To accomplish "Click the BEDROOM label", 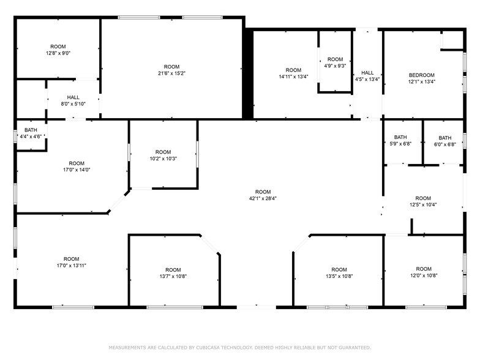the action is (x=421, y=75).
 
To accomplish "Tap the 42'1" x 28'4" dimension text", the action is (x=263, y=198).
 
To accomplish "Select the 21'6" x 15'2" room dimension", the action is (x=171, y=73).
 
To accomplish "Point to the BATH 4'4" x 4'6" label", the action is (x=31, y=133).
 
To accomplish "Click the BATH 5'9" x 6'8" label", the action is (x=400, y=140).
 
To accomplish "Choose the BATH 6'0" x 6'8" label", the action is (x=444, y=141).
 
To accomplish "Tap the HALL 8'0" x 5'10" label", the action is (x=73, y=100).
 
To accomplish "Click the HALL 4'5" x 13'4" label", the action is (x=367, y=76).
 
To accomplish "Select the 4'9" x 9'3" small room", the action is (x=336, y=62).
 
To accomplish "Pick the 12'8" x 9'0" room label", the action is (x=58, y=50).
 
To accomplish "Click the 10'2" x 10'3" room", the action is (x=163, y=156).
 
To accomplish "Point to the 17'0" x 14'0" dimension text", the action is (x=77, y=170).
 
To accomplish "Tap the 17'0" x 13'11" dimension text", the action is (x=71, y=266).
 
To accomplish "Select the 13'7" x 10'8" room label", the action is (x=173, y=273).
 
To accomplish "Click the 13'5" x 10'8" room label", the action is (x=339, y=273).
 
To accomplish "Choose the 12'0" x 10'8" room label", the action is (x=424, y=272).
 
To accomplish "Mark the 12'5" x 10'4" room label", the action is (x=423, y=201).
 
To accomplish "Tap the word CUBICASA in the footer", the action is (x=208, y=348).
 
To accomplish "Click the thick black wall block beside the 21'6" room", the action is (x=248, y=73).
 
